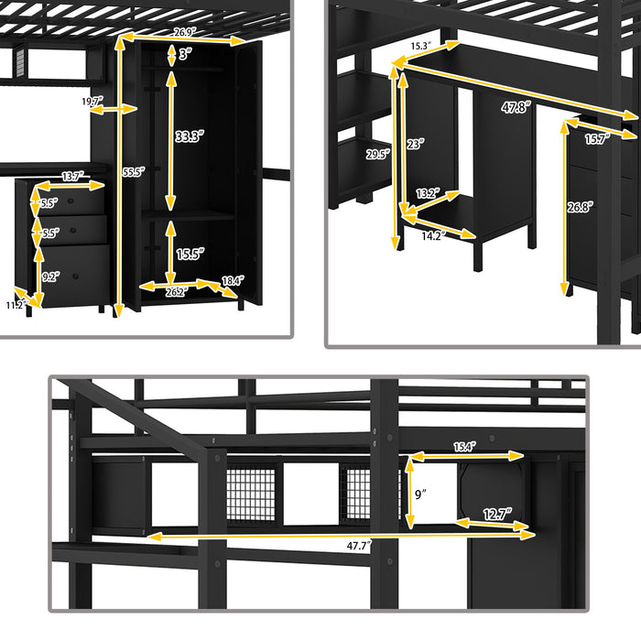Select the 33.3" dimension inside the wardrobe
pos(190,137)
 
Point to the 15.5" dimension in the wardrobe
pos(190,252)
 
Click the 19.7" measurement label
pos(92,102)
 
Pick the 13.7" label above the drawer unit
pos(74,176)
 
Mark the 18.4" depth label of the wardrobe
pos(233,282)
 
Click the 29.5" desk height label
pos(376,154)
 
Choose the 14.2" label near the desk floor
pos(432,234)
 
